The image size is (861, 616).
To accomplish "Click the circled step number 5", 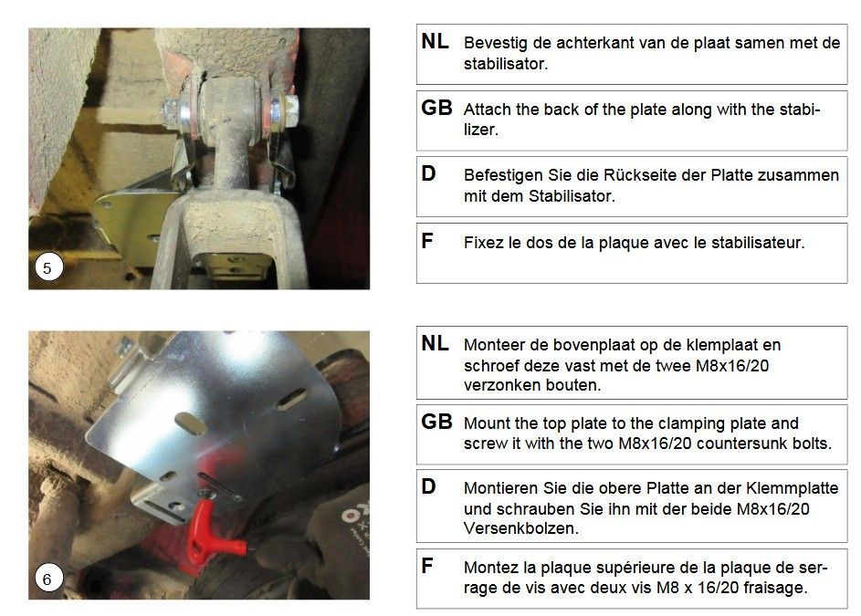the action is pyautogui.click(x=47, y=267).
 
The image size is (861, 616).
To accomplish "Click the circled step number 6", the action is pyautogui.click(x=47, y=579).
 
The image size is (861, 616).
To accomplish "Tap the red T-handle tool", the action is pyautogui.click(x=213, y=531).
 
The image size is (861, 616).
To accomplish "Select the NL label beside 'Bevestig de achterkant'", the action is pyautogui.click(x=435, y=41).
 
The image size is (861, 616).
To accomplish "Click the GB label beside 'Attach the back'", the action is pyautogui.click(x=436, y=108).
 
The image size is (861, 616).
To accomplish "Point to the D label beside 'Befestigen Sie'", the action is pyautogui.click(x=428, y=173).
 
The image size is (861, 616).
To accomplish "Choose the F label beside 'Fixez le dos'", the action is pyautogui.click(x=427, y=241).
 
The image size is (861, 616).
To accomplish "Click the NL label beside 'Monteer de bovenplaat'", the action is pyautogui.click(x=435, y=344).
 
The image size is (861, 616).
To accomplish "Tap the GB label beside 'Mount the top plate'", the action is pyautogui.click(x=436, y=422).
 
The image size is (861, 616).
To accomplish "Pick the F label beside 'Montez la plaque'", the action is pyautogui.click(x=427, y=566).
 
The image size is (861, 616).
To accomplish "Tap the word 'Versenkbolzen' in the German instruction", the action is pyautogui.click(x=521, y=528).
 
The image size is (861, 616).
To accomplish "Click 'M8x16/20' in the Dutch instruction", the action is pyautogui.click(x=732, y=365).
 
